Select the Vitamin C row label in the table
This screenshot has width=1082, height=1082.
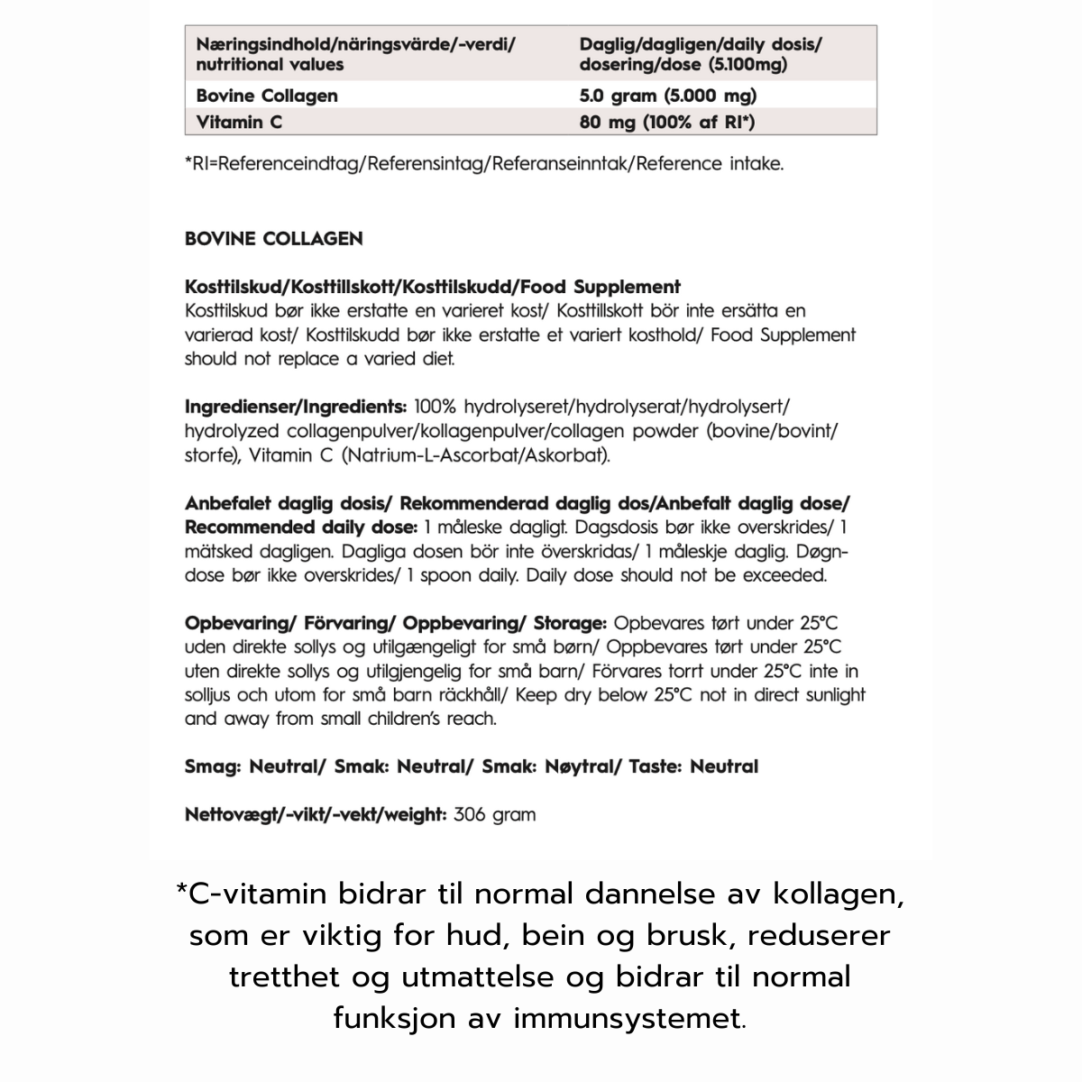(x=239, y=121)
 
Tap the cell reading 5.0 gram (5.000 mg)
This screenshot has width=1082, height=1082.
(x=668, y=96)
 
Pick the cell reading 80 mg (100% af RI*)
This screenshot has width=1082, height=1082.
(x=667, y=121)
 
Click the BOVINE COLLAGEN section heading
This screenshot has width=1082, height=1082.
(x=273, y=239)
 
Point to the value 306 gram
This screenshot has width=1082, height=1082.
(x=495, y=814)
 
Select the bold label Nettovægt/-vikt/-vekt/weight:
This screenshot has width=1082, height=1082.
(x=316, y=814)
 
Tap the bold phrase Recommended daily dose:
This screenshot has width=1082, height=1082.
(x=300, y=527)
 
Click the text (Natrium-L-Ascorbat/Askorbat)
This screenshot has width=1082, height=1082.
(x=476, y=455)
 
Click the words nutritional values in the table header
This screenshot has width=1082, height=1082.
(x=270, y=65)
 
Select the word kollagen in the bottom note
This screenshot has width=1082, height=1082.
(x=825, y=894)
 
